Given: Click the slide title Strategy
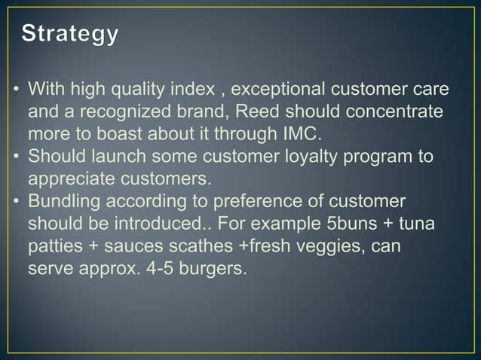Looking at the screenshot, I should [x=70, y=35].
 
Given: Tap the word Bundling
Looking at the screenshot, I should [x=61, y=202].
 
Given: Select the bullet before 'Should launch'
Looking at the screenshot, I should [x=15, y=158].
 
